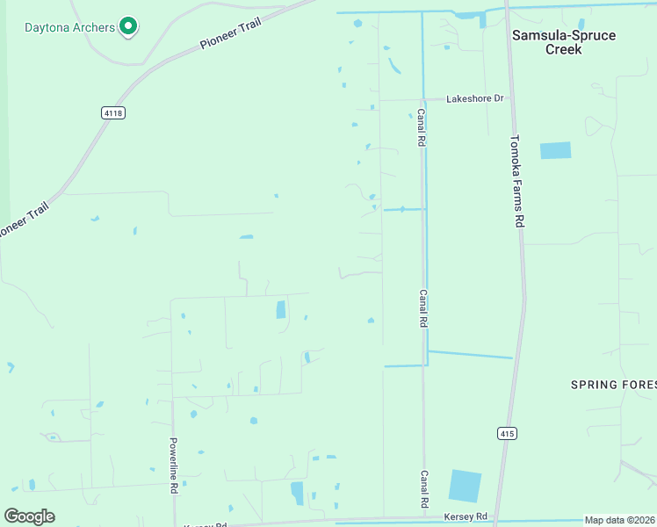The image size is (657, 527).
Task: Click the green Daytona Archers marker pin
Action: click(x=128, y=26)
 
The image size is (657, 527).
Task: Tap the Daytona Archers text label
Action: click(x=69, y=27)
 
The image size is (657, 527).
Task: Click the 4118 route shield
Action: click(x=112, y=112)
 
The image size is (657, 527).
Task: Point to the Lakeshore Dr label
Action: click(x=474, y=98)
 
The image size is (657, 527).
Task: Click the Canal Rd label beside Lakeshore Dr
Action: click(x=422, y=128)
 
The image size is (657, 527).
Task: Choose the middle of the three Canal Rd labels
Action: click(x=423, y=309)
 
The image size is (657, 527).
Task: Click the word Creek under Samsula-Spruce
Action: click(x=564, y=50)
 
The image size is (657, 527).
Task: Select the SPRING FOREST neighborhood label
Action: click(x=613, y=385)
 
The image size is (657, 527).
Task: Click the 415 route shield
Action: click(x=506, y=433)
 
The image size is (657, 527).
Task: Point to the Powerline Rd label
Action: click(x=174, y=466)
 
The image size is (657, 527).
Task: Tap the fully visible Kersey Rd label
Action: click(x=466, y=516)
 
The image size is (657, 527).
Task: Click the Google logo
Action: click(x=30, y=516)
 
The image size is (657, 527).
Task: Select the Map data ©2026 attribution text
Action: click(x=619, y=520)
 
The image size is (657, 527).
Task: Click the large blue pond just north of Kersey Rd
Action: click(x=465, y=486)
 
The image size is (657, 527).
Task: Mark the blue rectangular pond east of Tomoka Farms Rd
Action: click(x=555, y=150)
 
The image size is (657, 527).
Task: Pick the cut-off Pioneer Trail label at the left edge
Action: click(x=23, y=220)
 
